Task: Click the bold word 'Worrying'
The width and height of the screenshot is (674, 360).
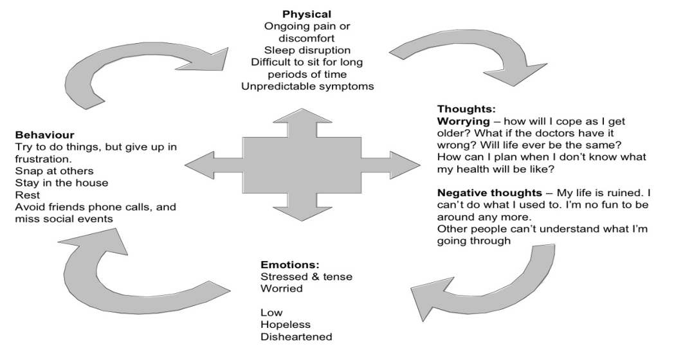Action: coord(462,122)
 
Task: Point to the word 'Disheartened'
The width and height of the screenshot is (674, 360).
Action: coord(293,337)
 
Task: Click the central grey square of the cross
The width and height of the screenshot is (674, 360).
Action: coord(304,165)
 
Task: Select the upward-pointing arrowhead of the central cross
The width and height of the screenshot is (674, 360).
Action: coord(304,116)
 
